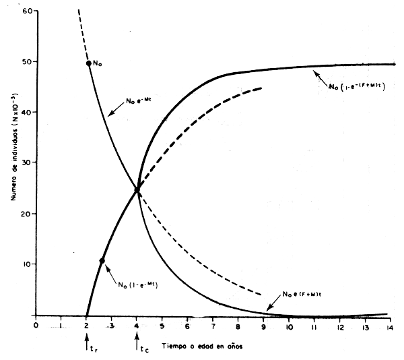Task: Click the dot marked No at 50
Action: [x=88, y=63]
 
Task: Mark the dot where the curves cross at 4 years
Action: [x=137, y=190]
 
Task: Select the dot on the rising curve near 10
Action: [x=102, y=261]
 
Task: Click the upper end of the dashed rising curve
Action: [x=262, y=88]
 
